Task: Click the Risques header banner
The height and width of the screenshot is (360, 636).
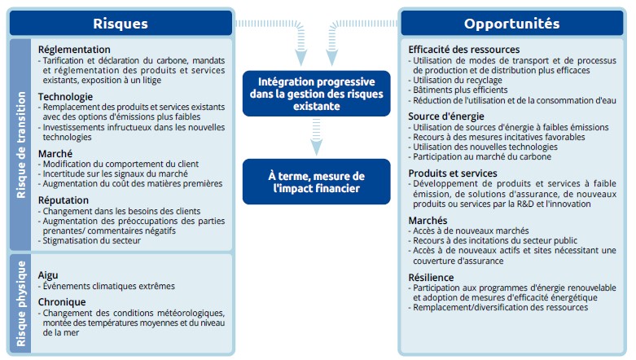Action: click(x=121, y=23)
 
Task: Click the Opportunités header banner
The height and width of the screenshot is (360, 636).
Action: click(x=512, y=23)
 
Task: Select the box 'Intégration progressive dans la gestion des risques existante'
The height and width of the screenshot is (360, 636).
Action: click(x=317, y=94)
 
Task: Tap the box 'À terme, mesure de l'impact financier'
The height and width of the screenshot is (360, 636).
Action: click(x=317, y=182)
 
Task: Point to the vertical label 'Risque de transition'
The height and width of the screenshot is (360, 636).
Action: click(x=20, y=145)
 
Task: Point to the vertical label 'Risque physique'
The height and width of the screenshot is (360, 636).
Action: click(x=20, y=304)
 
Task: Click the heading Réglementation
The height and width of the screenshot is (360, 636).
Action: click(x=74, y=50)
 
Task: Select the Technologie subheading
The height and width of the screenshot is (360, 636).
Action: click(x=65, y=97)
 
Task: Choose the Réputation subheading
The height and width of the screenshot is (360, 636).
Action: click(x=64, y=200)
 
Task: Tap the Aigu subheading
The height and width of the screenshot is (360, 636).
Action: click(x=48, y=275)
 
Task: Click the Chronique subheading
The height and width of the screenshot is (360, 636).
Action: click(x=62, y=302)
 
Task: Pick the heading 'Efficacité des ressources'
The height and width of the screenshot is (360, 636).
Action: click(x=464, y=50)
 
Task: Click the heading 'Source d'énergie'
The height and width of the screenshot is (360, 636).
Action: click(x=446, y=116)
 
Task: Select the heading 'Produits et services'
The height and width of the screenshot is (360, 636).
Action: click(x=453, y=173)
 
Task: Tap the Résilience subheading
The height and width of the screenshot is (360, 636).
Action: click(x=431, y=278)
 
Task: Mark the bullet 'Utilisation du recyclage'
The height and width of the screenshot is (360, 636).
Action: click(x=455, y=80)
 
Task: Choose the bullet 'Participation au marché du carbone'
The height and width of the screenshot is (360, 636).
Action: click(x=480, y=156)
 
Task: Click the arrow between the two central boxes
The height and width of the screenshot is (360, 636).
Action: click(x=317, y=137)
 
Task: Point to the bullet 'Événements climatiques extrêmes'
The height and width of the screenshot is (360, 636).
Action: click(x=107, y=286)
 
